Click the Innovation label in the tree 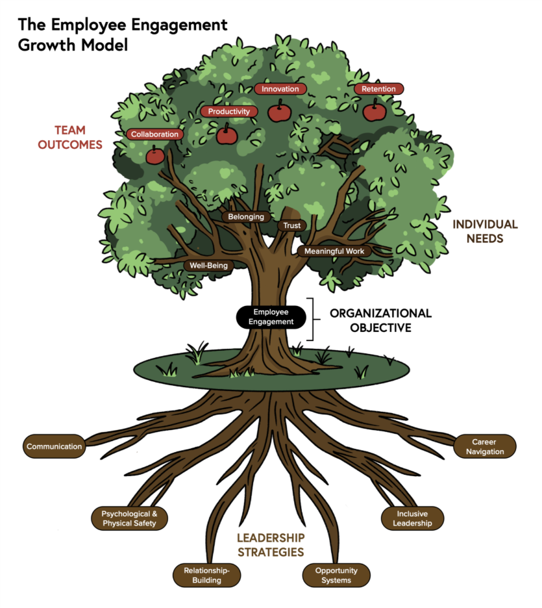[x=280, y=89]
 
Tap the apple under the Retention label [x=375, y=112]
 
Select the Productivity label [x=228, y=112]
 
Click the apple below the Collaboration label [x=155, y=156]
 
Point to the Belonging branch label [x=246, y=217]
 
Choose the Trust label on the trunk [x=291, y=225]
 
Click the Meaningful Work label [x=334, y=251]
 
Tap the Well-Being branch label [x=208, y=265]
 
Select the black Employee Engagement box [x=270, y=316]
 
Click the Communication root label [x=54, y=446]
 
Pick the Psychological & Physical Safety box [x=129, y=518]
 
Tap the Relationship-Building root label [x=206, y=575]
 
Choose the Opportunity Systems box [x=337, y=575]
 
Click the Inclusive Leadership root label [x=412, y=518]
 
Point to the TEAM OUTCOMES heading [x=70, y=138]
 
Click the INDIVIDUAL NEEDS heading [x=485, y=231]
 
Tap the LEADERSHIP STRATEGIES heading [x=270, y=545]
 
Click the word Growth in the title [x=49, y=45]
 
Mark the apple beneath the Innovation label [x=279, y=112]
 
